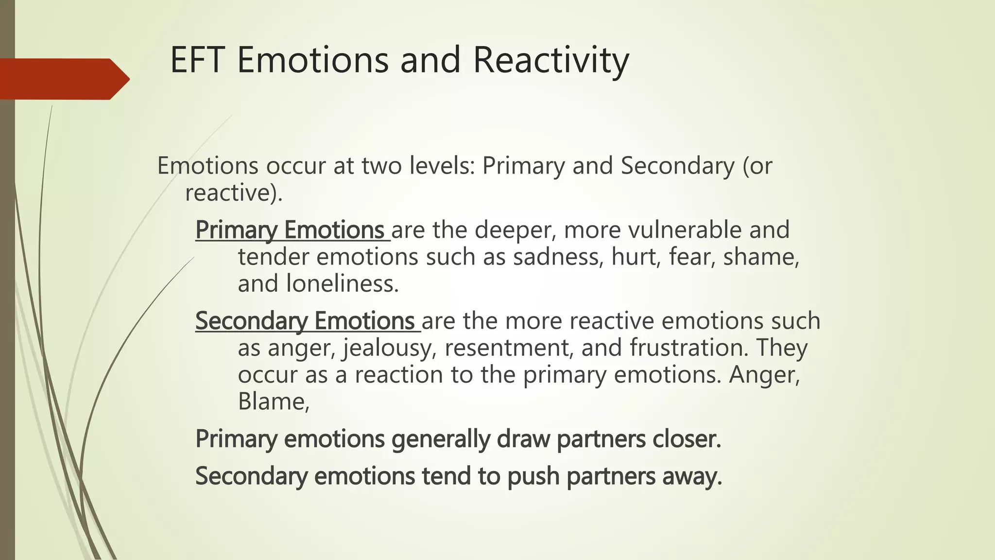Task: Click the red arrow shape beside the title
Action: point(63,79)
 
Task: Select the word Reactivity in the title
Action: point(550,60)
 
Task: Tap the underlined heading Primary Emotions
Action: point(290,230)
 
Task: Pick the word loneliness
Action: point(342,283)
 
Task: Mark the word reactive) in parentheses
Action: point(234,193)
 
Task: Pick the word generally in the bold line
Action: point(440,439)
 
